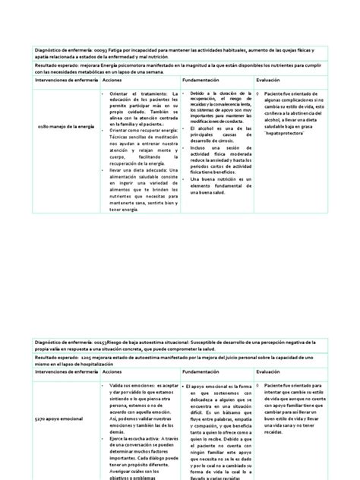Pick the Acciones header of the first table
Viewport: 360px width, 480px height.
coord(112,78)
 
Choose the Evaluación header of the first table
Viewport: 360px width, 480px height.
coord(268,78)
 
